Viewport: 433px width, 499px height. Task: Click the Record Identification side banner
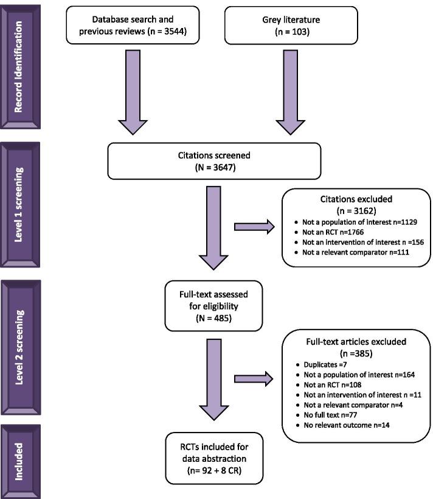pos(23,67)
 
